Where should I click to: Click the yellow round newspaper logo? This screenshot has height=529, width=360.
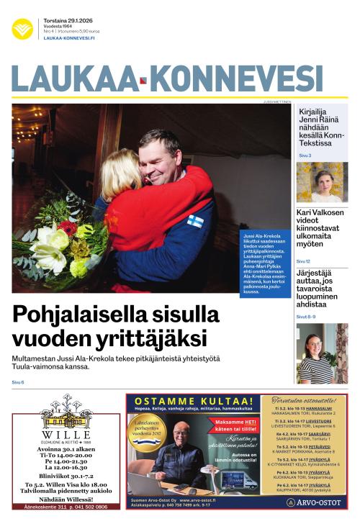tap(22, 29)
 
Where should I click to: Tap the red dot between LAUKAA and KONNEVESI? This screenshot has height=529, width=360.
tap(143, 81)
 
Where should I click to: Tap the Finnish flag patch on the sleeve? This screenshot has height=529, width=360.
tap(195, 221)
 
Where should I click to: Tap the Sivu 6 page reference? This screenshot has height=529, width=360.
tap(18, 382)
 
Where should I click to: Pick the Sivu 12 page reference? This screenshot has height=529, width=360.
tap(303, 261)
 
